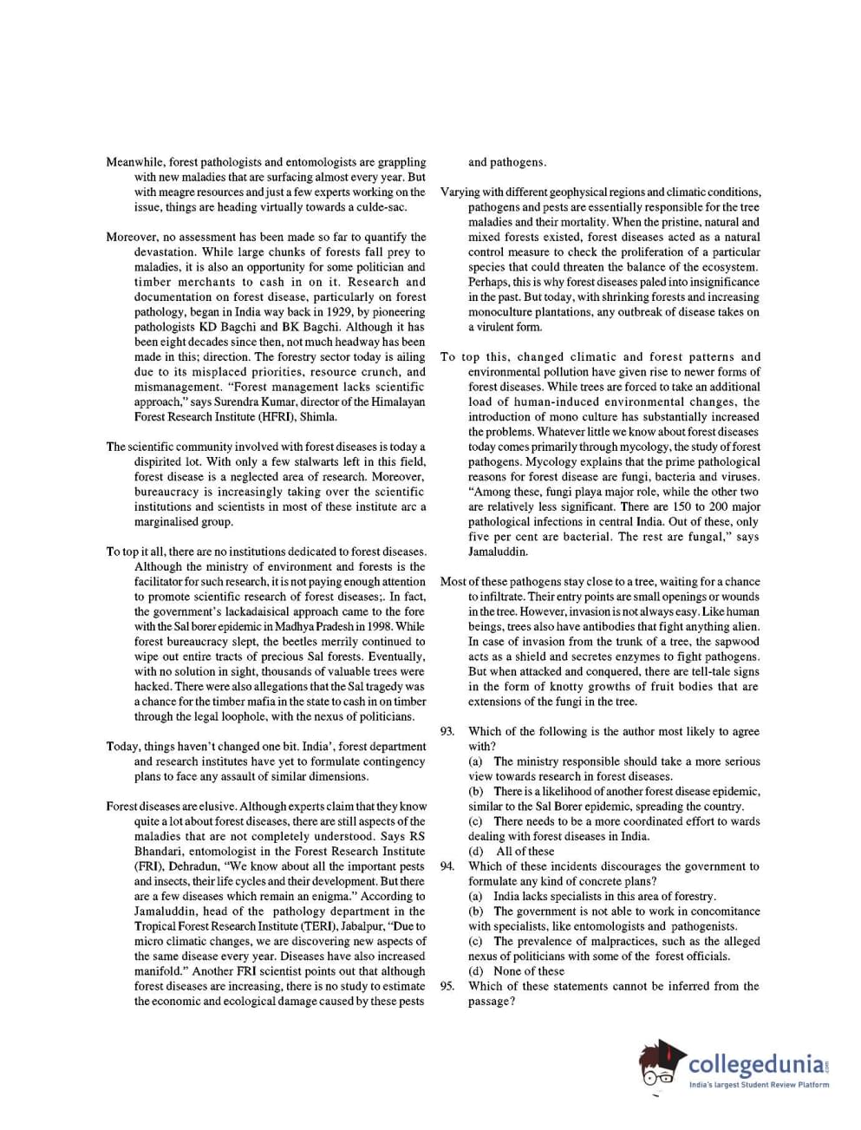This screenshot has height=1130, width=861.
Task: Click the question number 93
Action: [x=447, y=731]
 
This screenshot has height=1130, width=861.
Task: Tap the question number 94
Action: [x=447, y=866]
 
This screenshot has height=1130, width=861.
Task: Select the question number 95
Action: [x=447, y=986]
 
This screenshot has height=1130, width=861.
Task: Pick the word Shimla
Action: [x=318, y=416]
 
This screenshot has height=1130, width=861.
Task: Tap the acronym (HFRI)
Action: [x=274, y=416]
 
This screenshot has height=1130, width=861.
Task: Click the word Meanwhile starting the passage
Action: [x=134, y=162]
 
